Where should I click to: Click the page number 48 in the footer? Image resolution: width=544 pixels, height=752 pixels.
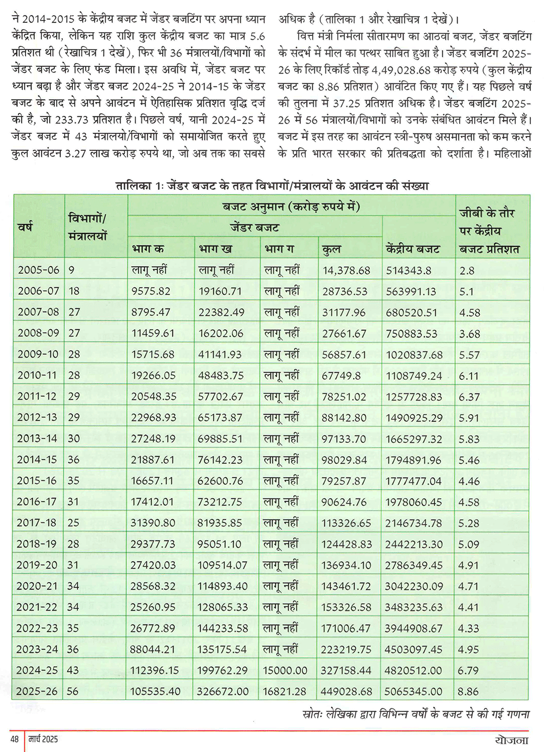click(15, 739)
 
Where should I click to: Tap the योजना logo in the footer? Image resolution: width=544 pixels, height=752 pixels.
click(512, 740)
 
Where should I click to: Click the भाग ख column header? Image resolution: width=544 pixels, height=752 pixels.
click(215, 249)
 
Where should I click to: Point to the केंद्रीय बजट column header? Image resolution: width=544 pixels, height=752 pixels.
click(413, 249)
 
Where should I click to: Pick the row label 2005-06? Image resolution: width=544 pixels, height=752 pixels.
click(38, 270)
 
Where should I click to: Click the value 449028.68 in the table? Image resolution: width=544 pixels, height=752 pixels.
click(347, 692)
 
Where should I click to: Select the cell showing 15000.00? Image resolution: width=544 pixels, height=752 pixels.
click(285, 670)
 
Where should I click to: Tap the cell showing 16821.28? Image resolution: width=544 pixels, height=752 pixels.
click(285, 692)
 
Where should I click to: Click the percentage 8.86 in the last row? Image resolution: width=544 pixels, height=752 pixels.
click(468, 692)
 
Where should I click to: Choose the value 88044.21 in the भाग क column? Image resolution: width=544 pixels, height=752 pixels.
click(153, 649)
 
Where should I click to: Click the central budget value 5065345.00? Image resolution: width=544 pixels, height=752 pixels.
click(413, 692)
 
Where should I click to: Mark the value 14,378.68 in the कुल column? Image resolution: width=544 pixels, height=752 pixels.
click(346, 270)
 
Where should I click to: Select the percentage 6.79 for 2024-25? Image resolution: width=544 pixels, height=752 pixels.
click(468, 670)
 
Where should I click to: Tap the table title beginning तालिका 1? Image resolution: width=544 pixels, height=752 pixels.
click(272, 186)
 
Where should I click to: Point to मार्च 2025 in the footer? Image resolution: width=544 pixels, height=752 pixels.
click(42, 739)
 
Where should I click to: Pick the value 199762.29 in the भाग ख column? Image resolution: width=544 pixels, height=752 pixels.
click(222, 670)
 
